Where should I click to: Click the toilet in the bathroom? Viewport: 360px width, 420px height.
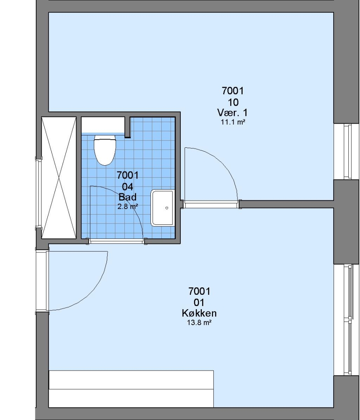105,149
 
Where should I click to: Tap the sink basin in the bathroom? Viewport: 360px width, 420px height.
163,208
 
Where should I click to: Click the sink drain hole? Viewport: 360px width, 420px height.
167,208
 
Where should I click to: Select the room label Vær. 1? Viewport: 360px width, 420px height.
232,112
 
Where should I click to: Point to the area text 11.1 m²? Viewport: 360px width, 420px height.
233,122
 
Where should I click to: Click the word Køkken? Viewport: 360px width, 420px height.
199,313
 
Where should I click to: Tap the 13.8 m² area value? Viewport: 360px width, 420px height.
199,322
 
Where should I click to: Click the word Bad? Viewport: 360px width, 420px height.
128,197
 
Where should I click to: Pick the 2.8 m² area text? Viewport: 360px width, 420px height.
128,206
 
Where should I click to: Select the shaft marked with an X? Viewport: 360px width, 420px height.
59,178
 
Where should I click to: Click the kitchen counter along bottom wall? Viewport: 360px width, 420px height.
131,389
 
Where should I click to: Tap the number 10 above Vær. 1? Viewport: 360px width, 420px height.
233,102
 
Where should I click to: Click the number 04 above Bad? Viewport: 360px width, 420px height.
128,186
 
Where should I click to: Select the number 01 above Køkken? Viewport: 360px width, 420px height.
199,303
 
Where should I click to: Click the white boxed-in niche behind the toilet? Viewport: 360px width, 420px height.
103,125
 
